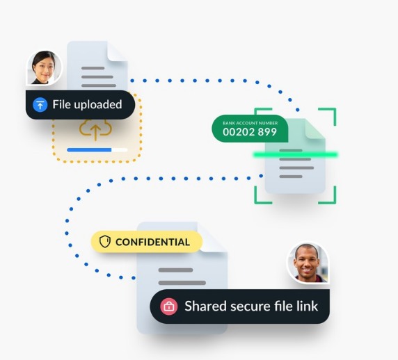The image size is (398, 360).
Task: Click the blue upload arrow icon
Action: point(40,105)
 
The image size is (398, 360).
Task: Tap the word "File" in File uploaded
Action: point(61,104)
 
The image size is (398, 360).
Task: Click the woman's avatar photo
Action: point(44,67)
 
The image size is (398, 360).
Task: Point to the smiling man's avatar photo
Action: point(308,263)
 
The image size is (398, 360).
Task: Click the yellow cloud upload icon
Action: point(95,129)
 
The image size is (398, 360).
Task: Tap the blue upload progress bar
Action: point(89,150)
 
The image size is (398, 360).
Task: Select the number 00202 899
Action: point(250,132)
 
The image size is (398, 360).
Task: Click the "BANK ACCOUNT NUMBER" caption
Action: point(250,123)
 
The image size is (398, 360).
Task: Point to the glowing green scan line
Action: point(295,154)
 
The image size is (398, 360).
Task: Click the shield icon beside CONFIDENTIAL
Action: point(105,241)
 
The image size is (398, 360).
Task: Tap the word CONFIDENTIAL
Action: point(152,242)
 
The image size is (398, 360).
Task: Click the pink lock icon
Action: point(169,306)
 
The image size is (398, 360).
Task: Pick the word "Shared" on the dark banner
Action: point(205,306)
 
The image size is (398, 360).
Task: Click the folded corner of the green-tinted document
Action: point(315,129)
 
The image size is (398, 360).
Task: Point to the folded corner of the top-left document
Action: point(117,51)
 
